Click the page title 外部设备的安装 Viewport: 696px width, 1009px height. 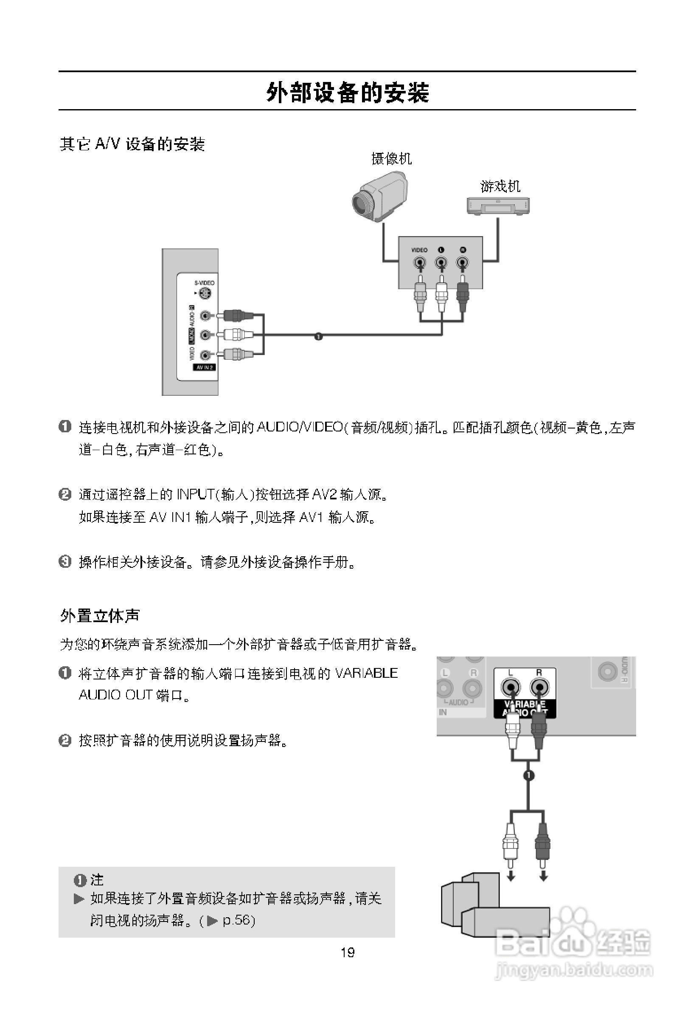(x=348, y=93)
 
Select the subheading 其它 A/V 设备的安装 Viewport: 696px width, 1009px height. (x=132, y=144)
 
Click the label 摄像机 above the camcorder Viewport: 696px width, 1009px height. (x=391, y=158)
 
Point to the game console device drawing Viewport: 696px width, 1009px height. (x=498, y=206)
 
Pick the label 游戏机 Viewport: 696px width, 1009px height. (x=500, y=186)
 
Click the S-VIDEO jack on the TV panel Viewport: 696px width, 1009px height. (x=205, y=294)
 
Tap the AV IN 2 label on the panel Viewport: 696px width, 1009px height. (x=204, y=367)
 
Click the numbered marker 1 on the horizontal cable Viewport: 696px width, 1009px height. (x=318, y=336)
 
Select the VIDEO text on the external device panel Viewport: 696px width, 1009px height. (x=420, y=250)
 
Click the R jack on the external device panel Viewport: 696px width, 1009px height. (x=462, y=263)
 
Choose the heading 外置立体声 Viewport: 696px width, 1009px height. (x=100, y=616)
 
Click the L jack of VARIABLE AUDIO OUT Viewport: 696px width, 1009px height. (x=510, y=688)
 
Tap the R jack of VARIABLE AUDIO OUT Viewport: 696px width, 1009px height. (x=539, y=688)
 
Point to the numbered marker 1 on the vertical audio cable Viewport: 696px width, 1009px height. (x=528, y=775)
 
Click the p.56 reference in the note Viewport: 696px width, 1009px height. (x=238, y=920)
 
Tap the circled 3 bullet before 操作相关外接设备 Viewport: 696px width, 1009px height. (x=65, y=561)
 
